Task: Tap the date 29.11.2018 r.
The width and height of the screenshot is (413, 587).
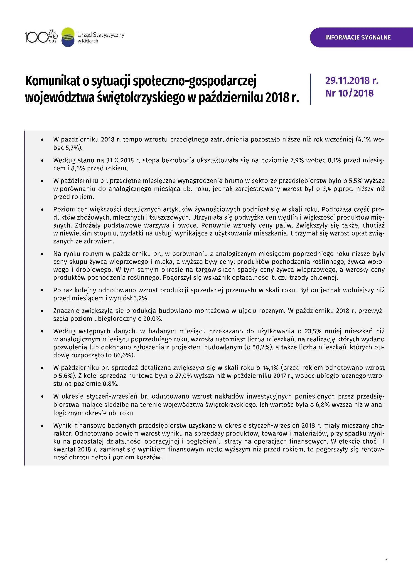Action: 352,81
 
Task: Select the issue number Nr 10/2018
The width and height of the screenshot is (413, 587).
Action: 349,93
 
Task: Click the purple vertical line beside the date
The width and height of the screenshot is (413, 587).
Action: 310,89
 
